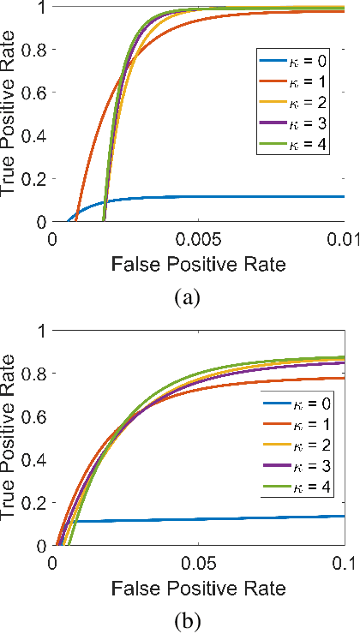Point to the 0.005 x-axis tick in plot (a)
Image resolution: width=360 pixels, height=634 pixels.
point(198,236)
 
